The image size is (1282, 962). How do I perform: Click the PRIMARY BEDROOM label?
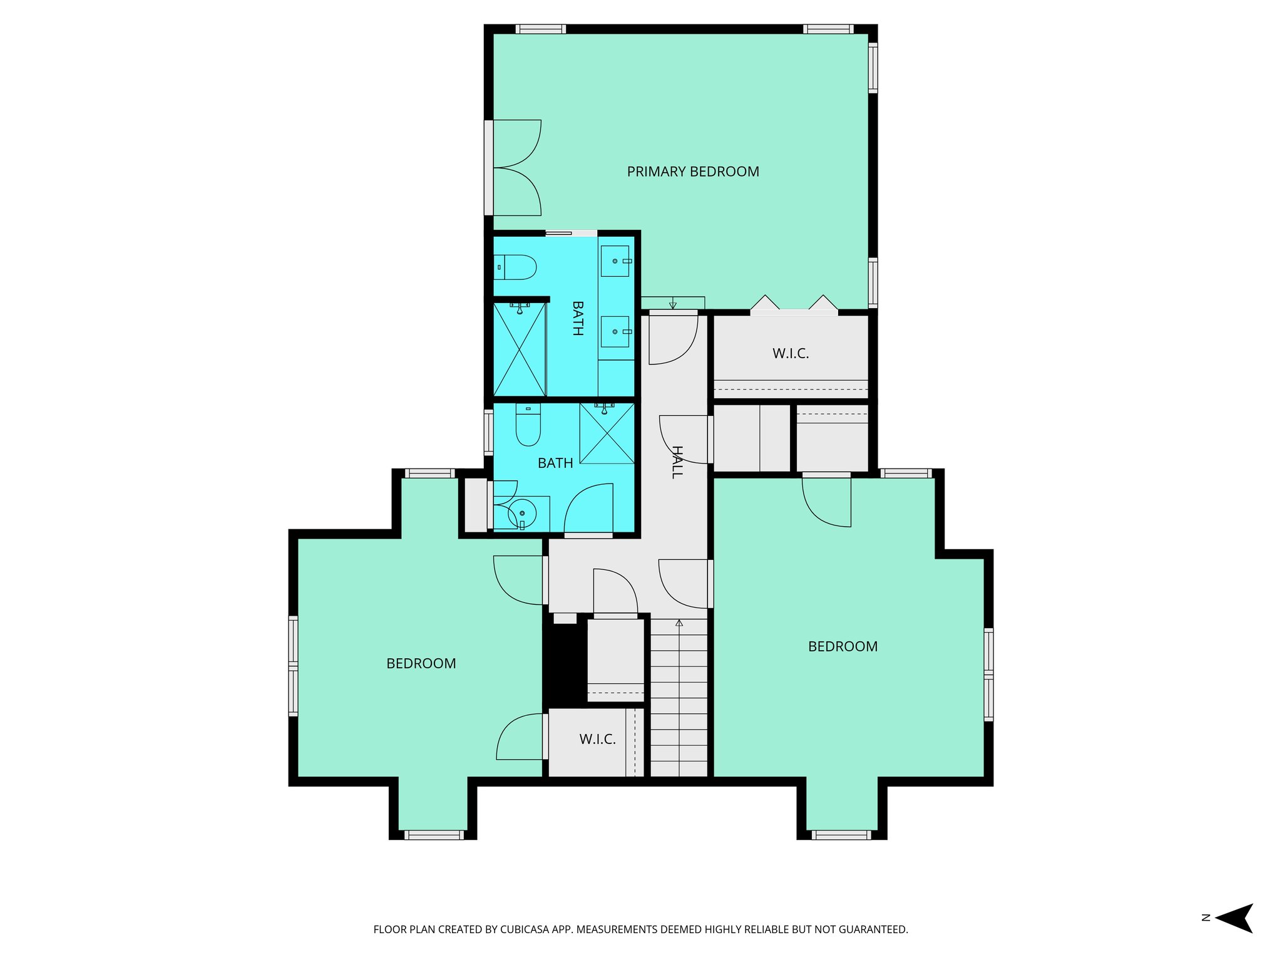[x=693, y=172]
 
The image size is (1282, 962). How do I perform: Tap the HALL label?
[x=677, y=462]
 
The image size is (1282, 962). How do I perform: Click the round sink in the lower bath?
[x=523, y=514]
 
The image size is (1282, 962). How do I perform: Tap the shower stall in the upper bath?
[x=520, y=349]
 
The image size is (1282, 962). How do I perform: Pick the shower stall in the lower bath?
[x=607, y=433]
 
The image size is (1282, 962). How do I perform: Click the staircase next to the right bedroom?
[x=679, y=698]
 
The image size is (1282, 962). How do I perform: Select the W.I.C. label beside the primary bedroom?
[x=791, y=354]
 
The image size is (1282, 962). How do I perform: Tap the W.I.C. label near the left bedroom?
[x=597, y=740]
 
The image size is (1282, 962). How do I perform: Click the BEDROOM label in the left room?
[x=421, y=664]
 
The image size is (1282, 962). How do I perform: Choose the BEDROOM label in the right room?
[x=843, y=647]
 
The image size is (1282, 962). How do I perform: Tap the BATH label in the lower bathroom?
[x=555, y=463]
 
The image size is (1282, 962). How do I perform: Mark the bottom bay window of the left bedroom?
[x=434, y=834]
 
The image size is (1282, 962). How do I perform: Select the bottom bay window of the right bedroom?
[x=841, y=834]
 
